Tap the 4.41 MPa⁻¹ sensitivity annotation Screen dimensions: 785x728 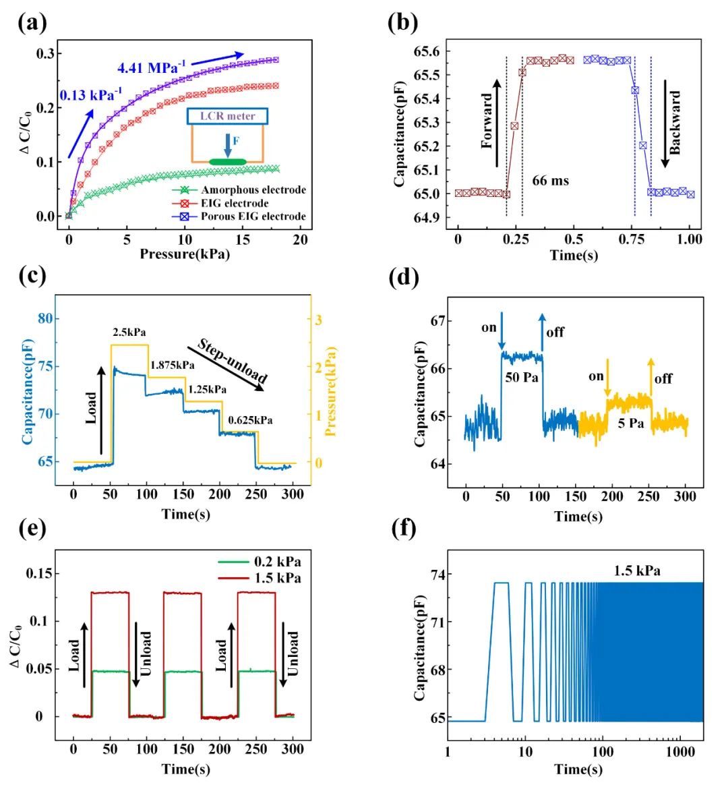[x=151, y=67]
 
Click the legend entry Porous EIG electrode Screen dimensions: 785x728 [x=253, y=216]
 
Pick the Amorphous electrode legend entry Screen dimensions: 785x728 [x=253, y=190]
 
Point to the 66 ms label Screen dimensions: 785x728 [x=550, y=181]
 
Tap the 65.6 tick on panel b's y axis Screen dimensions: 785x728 [x=425, y=51]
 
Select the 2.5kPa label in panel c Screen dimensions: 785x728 [x=129, y=332]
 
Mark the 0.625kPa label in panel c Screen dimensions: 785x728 [x=249, y=420]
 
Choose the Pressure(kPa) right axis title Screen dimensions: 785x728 [x=331, y=391]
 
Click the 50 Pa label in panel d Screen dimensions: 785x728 [x=521, y=377]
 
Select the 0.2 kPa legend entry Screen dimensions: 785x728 [x=277, y=562]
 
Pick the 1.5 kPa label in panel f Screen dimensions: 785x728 [x=636, y=571]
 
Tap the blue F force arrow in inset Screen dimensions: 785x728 [x=227, y=145]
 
